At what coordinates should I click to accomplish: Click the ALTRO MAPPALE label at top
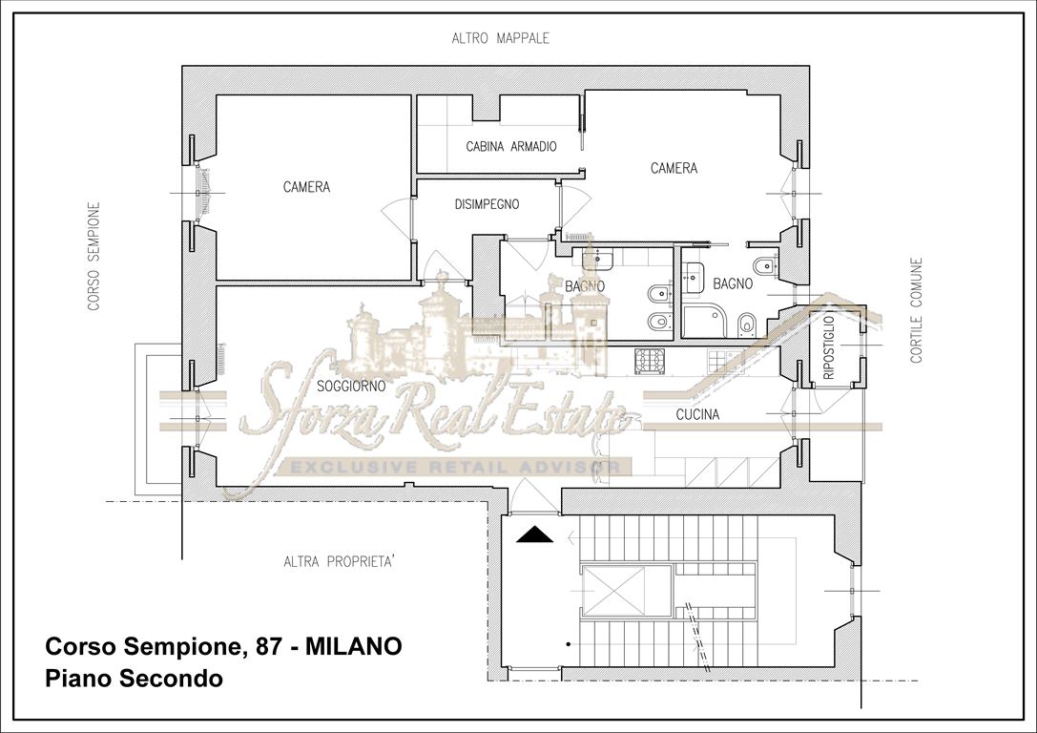501,39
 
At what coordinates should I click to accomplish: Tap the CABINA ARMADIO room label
511,147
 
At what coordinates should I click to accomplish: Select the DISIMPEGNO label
487,204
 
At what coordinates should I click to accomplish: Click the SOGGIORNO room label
351,387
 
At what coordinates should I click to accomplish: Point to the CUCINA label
697,415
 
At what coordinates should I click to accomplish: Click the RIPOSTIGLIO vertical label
827,348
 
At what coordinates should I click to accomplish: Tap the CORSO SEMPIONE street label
93,256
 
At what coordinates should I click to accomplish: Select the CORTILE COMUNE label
916,310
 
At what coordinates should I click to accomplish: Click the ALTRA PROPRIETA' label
340,561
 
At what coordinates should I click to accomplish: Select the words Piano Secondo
134,680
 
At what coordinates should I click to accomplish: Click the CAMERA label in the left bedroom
306,188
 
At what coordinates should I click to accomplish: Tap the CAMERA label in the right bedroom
674,169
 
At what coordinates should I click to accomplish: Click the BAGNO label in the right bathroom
733,283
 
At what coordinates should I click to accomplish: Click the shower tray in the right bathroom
702,323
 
